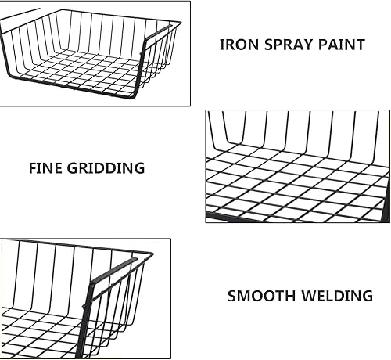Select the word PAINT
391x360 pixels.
click(342, 45)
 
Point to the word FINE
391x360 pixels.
click(45, 168)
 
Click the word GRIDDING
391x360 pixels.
click(106, 168)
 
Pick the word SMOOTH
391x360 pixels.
click(261, 296)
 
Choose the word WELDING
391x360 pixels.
click(337, 296)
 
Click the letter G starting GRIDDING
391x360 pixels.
click(73, 168)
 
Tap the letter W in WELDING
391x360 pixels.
click(309, 296)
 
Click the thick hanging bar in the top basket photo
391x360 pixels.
click(158, 32)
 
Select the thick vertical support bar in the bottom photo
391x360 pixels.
click(84, 319)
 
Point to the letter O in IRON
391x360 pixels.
click(239, 45)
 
